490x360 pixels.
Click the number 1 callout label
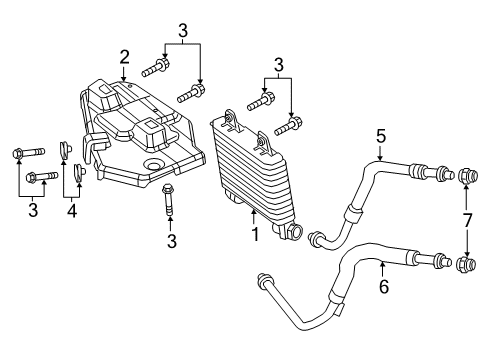[x=254, y=236]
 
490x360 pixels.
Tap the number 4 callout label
[x=72, y=212]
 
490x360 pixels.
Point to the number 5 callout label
[x=380, y=135]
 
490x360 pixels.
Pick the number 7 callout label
[x=465, y=219]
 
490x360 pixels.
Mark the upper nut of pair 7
[x=465, y=178]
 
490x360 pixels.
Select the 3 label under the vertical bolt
[x=171, y=241]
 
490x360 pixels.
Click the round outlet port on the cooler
[x=294, y=232]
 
